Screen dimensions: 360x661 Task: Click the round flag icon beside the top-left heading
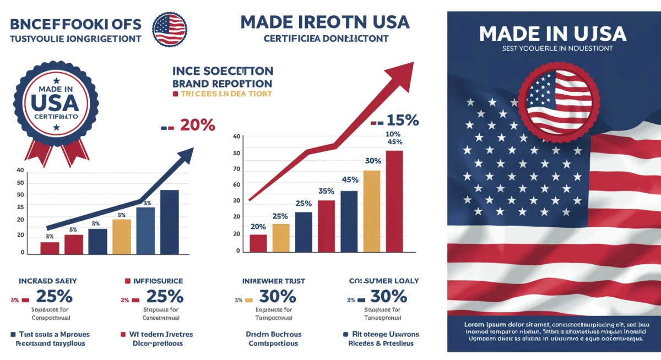[x=169, y=29]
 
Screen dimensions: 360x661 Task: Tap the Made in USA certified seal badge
[x=56, y=103]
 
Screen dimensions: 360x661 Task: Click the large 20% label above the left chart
[x=196, y=125]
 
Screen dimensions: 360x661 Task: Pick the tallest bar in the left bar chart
[x=169, y=221]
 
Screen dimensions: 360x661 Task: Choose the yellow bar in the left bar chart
[x=122, y=237]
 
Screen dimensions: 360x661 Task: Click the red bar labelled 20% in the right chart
[x=258, y=243]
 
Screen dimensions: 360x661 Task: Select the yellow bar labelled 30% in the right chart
[x=372, y=210]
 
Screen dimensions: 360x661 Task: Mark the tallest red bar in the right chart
[x=394, y=200]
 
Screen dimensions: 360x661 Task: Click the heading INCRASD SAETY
[x=40, y=281]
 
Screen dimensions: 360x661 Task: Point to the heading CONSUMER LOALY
[x=384, y=281]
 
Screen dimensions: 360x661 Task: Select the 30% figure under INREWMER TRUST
[x=278, y=297]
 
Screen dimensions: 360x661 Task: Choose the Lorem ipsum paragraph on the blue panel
[x=553, y=331]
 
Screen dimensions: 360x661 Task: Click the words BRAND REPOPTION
[x=223, y=83]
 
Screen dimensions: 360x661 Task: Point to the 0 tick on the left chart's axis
[x=23, y=252]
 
